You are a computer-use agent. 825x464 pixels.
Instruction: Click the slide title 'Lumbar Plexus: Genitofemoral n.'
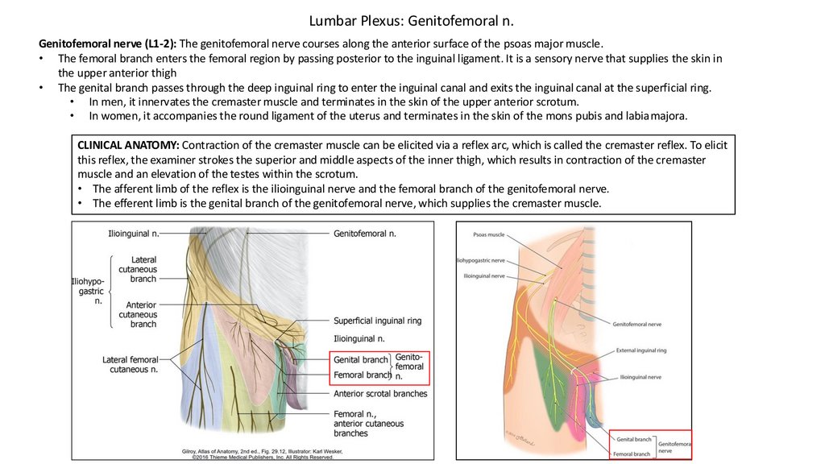(x=412, y=19)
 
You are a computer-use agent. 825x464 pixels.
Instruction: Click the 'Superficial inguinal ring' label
(x=377, y=321)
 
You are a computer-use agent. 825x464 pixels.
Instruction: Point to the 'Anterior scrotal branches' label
(x=380, y=394)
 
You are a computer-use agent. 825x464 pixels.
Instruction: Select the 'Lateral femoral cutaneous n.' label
(x=131, y=364)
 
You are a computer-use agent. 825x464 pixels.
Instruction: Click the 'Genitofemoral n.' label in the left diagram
(x=365, y=234)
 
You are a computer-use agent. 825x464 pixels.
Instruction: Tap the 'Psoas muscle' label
(x=488, y=236)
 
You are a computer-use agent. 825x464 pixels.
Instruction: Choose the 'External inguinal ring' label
(x=641, y=350)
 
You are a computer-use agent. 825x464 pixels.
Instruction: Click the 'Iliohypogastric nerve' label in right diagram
(x=481, y=260)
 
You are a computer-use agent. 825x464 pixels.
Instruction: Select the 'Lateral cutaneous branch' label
(x=143, y=269)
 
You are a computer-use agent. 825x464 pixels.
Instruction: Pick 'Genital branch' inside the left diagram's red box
(x=360, y=360)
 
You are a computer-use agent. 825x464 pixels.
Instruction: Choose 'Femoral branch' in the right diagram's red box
(x=632, y=454)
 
